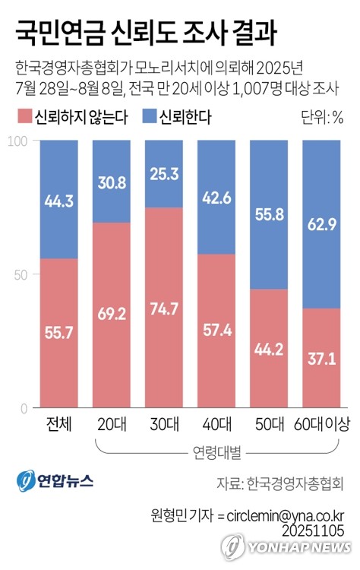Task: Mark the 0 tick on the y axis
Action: [x=24, y=408]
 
